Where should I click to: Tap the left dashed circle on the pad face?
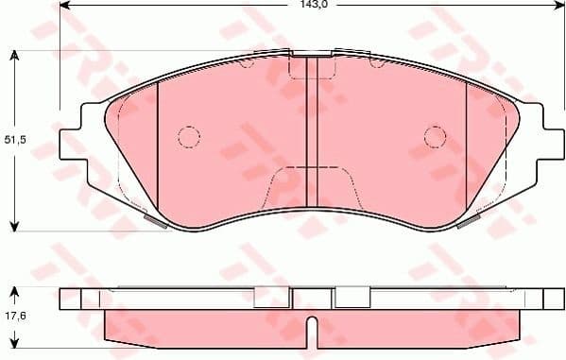pyautogui.click(x=189, y=137)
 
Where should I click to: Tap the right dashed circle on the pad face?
pyautogui.click(x=435, y=137)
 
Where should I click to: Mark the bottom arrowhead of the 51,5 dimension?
pyautogui.click(x=14, y=225)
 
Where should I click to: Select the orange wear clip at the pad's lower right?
pyautogui.click(x=466, y=223)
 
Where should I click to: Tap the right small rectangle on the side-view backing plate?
pyautogui.click(x=352, y=298)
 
